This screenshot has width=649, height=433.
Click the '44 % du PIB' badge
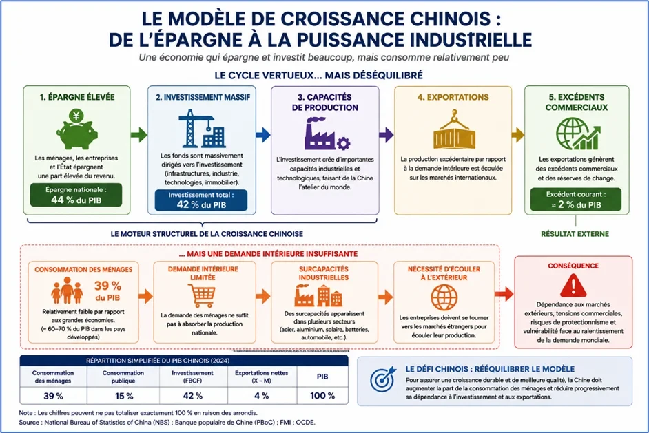coord(76,196)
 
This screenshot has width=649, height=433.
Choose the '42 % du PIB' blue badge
coord(201,200)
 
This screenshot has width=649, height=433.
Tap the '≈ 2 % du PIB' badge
coord(576,200)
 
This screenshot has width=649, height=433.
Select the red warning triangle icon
coord(573,286)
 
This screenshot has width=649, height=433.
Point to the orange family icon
coord(67,291)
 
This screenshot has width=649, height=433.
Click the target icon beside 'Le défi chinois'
coord(383,379)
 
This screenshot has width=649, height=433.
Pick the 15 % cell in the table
coord(123,396)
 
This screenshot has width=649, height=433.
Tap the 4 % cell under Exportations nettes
coord(262,396)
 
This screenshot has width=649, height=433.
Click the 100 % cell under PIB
coord(322,396)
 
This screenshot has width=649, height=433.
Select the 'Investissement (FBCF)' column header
coord(192,377)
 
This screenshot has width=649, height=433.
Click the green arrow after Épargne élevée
coord(139,134)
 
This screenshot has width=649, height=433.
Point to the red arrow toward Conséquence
coord(504,294)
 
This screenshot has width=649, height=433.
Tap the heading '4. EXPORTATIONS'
coord(453,97)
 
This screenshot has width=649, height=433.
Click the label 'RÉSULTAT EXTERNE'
coord(575,234)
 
